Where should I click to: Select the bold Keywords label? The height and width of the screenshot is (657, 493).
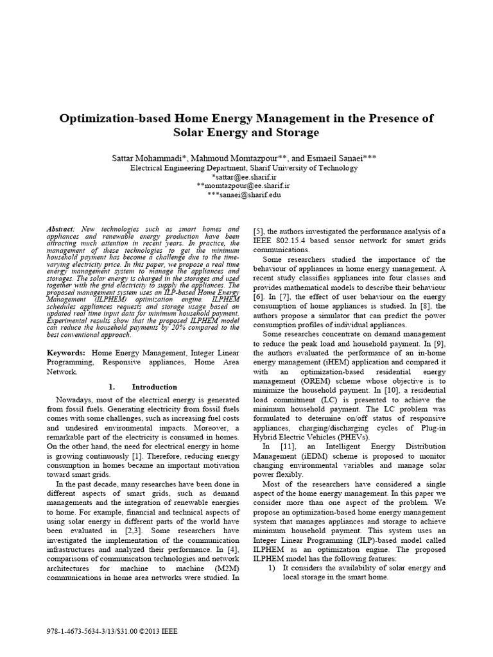(66, 352)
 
